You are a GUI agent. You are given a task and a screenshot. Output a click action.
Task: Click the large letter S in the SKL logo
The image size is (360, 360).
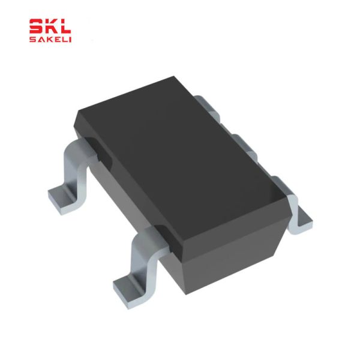point(37,26)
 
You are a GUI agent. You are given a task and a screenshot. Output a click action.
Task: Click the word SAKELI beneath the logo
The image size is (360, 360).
point(51,40)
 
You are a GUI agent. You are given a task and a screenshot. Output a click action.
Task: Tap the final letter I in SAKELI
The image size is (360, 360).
point(70,40)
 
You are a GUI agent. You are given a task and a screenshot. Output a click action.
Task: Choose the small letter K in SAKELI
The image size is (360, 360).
point(48,40)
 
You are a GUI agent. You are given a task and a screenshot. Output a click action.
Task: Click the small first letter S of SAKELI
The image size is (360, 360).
point(32,40)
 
